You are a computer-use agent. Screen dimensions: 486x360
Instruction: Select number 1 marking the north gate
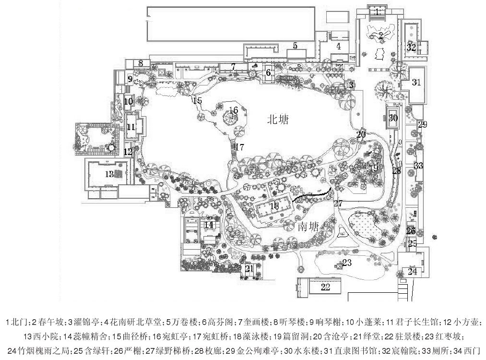click(x=378, y=11)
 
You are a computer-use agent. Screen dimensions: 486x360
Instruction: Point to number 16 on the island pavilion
click(x=234, y=109)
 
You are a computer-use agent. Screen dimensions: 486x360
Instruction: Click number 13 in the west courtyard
click(x=109, y=173)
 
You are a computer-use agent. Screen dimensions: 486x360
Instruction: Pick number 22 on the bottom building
click(x=325, y=287)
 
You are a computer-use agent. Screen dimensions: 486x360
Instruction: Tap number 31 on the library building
click(x=416, y=82)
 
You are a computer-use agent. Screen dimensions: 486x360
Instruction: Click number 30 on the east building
click(x=393, y=118)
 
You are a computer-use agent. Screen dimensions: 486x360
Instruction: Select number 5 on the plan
click(x=296, y=46)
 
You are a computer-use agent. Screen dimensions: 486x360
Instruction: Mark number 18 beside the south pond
click(x=274, y=205)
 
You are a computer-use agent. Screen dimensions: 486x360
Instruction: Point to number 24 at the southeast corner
click(x=412, y=272)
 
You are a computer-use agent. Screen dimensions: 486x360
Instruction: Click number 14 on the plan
click(x=208, y=224)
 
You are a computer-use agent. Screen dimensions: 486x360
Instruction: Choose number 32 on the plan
click(x=411, y=47)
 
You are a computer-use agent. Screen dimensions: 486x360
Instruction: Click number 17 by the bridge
click(x=239, y=147)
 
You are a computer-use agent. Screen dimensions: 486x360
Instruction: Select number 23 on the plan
click(x=347, y=263)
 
